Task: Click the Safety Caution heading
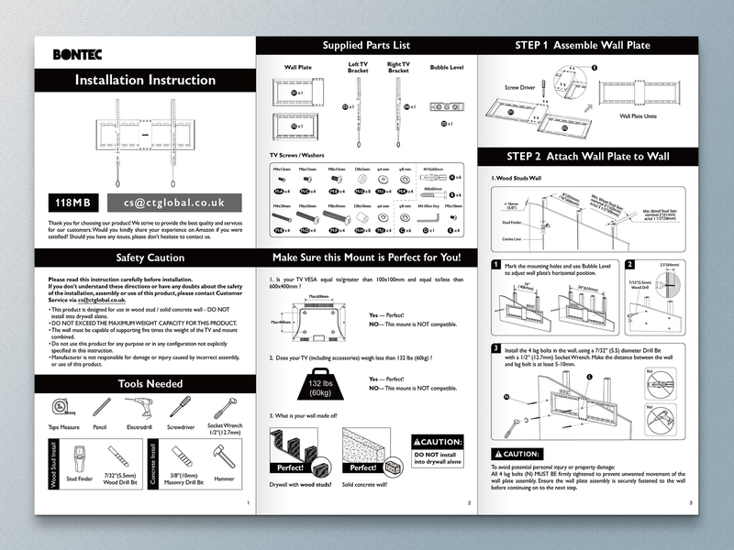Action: click(x=144, y=258)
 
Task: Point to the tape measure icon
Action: click(x=61, y=405)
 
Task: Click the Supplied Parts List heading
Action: click(x=366, y=45)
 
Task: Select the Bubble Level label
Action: click(x=446, y=67)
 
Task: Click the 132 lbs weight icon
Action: click(x=319, y=388)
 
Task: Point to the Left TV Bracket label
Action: click(x=357, y=67)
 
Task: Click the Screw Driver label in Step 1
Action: click(x=519, y=89)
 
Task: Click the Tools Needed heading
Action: click(x=144, y=383)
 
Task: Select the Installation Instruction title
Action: click(x=144, y=80)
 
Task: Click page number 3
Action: click(x=690, y=503)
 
